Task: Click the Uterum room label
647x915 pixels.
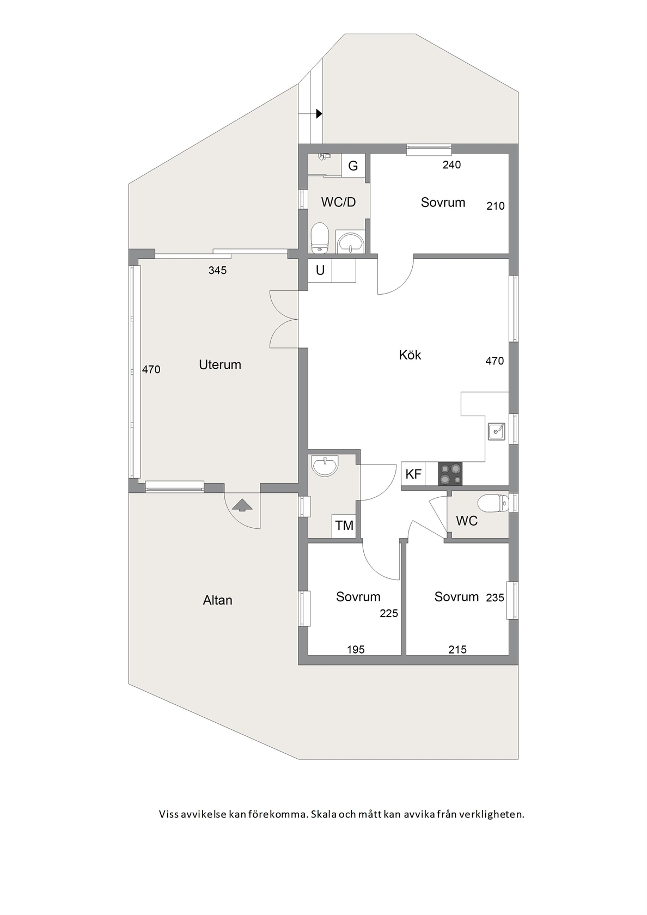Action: point(220,364)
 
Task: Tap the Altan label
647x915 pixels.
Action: point(217,600)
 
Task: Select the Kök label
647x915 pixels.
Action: point(410,355)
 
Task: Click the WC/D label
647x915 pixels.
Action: point(338,202)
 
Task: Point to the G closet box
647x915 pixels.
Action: point(353,166)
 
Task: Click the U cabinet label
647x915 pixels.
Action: point(320,270)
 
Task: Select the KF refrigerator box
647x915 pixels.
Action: point(413,474)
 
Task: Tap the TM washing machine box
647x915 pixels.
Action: point(344,525)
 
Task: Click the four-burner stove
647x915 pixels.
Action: point(450,474)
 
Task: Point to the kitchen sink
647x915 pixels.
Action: point(496,431)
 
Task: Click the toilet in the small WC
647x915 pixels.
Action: point(493,503)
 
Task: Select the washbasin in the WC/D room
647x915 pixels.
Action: point(350,242)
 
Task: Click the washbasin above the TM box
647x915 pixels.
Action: point(325,465)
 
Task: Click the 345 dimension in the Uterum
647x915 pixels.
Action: point(217,270)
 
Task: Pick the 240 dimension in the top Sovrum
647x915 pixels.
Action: point(452,164)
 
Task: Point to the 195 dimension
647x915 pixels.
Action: point(356,649)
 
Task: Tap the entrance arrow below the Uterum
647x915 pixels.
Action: point(242,505)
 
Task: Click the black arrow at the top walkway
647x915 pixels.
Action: point(319,113)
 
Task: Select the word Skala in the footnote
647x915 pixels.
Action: point(324,814)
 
